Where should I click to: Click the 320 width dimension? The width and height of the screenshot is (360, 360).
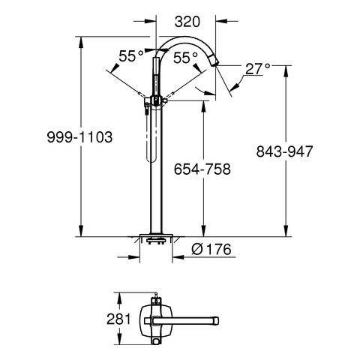(187, 22)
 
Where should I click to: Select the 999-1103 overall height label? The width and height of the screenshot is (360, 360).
(80, 137)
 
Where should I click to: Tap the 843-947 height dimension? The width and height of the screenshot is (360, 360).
(284, 151)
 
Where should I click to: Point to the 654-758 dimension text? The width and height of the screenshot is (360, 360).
(202, 169)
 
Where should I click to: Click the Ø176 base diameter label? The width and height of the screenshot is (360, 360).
(211, 249)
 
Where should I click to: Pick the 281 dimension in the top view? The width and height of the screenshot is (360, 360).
(118, 319)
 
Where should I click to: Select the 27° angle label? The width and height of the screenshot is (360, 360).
(257, 69)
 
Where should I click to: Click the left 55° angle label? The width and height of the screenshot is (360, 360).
(131, 56)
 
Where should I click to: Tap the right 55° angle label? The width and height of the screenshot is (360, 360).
(185, 58)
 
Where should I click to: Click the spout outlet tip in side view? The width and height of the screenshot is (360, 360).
(215, 62)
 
